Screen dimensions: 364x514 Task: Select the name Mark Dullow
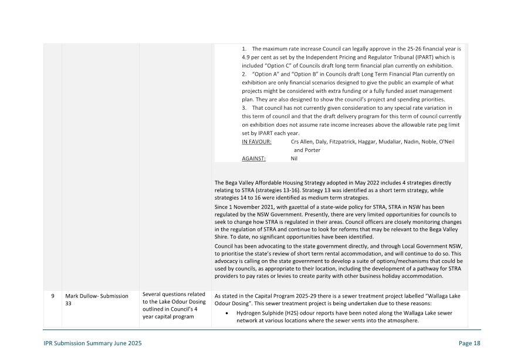click(x=82, y=296)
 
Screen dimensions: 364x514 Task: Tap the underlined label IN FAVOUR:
click(x=256, y=142)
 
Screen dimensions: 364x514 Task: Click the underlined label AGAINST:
click(x=253, y=159)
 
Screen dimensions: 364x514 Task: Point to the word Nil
click(x=295, y=159)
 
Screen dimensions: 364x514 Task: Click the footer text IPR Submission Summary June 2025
click(x=93, y=343)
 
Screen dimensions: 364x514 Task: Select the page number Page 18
click(x=469, y=343)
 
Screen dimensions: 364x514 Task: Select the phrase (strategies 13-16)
click(x=272, y=190)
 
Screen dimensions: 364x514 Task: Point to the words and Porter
click(x=307, y=150)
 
